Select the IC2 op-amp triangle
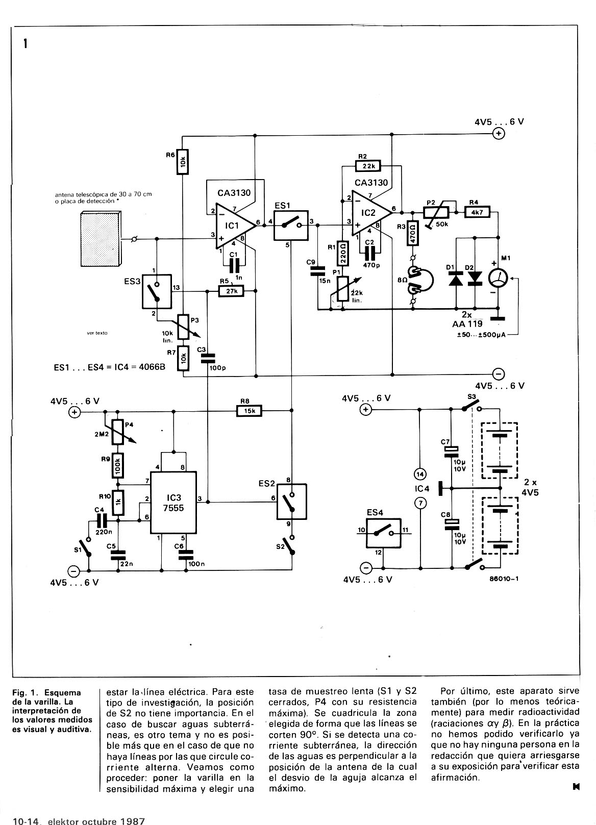tap(370, 213)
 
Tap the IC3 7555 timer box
tap(173, 502)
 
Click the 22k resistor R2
tap(368, 166)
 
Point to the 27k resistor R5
tap(231, 291)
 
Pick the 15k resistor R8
tap(249, 411)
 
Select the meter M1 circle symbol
tap(498, 279)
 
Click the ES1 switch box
tap(291, 226)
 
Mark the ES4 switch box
tap(383, 533)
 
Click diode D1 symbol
tap(456, 279)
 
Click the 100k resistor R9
tap(118, 465)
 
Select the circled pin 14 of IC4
tap(420, 474)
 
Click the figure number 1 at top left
tap(25, 44)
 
